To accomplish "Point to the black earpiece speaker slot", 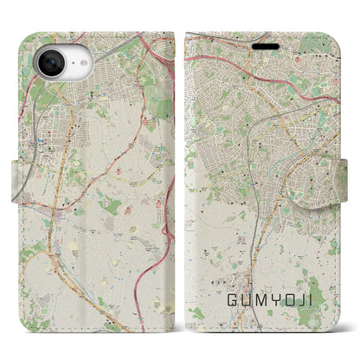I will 265,46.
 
